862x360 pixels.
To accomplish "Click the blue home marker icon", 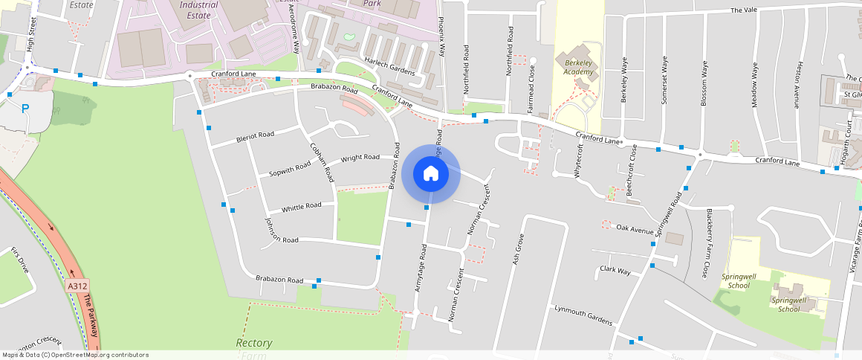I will tap(431, 174).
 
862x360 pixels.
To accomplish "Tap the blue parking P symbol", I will tap(25, 108).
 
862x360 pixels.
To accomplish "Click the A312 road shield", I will tap(77, 286).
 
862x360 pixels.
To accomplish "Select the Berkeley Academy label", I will tap(578, 67).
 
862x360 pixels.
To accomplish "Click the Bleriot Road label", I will tap(255, 136).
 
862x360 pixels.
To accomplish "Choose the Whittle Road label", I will tap(301, 206).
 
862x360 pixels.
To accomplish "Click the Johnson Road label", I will tap(281, 231).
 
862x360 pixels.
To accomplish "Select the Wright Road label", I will tap(360, 158).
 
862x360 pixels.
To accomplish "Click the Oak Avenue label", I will tap(635, 229).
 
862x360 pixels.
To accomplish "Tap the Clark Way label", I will tap(615, 271).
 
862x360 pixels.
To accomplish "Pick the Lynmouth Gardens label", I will tap(583, 315).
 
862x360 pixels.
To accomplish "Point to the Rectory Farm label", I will tap(253, 347).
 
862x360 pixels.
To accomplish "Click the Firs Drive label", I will tap(19, 260).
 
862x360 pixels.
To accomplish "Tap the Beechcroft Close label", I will tap(631, 170).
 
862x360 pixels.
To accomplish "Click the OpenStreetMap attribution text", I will tap(75, 355).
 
